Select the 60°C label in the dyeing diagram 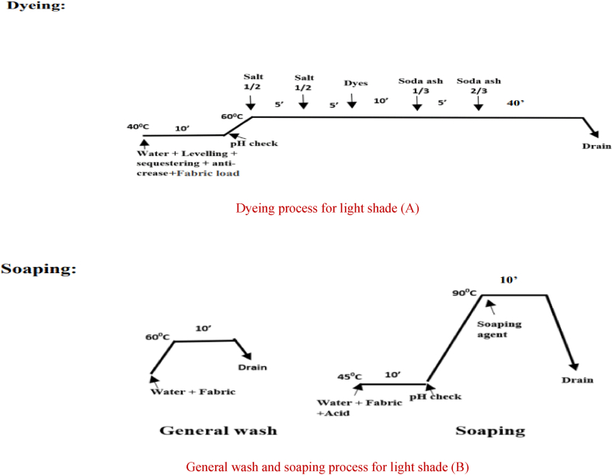tap(232, 116)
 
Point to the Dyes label tap(356, 83)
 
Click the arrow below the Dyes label tap(352, 101)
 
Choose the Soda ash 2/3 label tap(478, 85)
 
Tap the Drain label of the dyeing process tap(596, 145)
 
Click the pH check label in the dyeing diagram tap(253, 143)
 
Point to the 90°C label tap(465, 293)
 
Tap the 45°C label tap(351, 376)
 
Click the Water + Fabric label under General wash tap(193, 392)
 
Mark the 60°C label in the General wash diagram tap(157, 337)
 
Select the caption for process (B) tap(327, 466)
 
